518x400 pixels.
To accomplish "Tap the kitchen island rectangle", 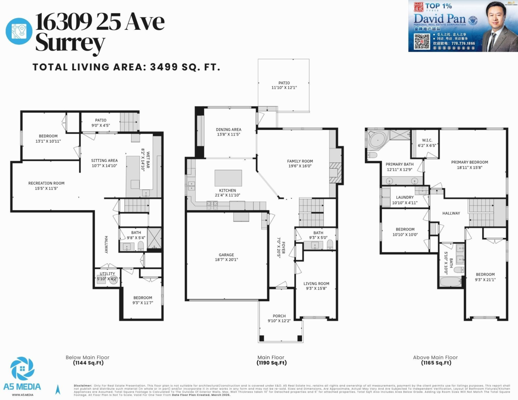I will [x=228, y=177].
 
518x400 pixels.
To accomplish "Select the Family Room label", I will [x=300, y=161].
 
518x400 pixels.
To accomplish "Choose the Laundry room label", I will [x=404, y=197].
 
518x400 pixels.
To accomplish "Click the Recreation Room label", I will [x=46, y=183].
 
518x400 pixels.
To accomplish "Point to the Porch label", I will [x=279, y=316].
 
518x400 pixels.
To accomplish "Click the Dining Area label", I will [x=228, y=129].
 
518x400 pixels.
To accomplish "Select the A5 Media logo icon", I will [x=22, y=369].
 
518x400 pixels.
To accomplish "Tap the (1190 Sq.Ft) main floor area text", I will [x=272, y=363].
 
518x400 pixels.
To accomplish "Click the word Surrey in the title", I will [x=70, y=43].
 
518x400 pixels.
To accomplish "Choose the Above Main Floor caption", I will [x=435, y=357].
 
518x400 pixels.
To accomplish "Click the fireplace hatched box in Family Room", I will [x=335, y=171].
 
